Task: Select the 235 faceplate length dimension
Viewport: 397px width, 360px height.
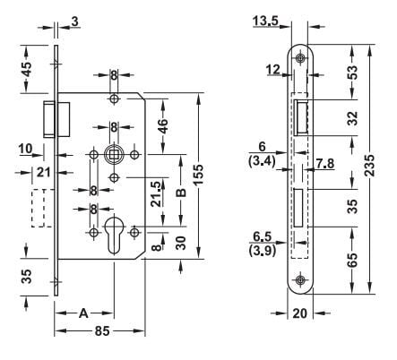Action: click(x=370, y=169)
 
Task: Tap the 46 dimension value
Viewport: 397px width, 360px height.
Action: click(x=162, y=125)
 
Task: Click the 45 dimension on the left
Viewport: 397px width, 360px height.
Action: click(x=27, y=68)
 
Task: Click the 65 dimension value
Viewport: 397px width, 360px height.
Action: click(x=352, y=260)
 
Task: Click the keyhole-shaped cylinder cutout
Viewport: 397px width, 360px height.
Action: click(x=115, y=231)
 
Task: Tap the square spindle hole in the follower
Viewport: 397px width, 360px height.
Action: click(x=114, y=154)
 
